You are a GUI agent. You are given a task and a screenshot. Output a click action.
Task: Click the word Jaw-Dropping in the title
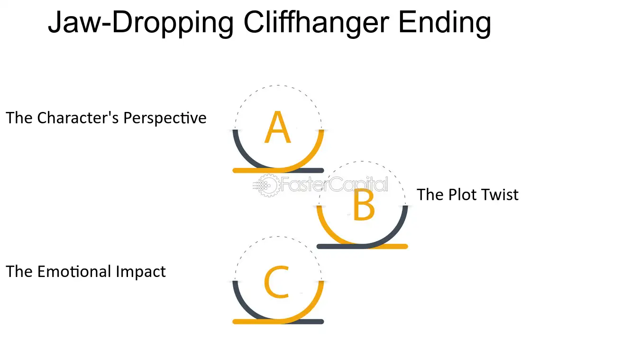pos(141,23)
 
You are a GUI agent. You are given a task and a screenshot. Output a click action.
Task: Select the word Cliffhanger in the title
pos(316,23)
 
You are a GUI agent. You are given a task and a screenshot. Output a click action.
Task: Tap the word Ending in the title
pos(445,23)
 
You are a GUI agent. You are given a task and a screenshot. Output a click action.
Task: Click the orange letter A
pos(278,127)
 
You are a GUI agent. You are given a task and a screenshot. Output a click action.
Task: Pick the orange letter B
pos(364,204)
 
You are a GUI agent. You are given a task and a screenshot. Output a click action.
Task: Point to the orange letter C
pos(276,282)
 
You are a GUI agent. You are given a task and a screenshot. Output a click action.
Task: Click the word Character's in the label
pos(78,118)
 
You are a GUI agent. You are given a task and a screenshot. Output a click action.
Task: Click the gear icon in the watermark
pos(268,185)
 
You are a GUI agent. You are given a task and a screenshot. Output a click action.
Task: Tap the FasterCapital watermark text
pos(334,185)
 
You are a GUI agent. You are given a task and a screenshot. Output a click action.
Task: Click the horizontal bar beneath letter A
pos(278,170)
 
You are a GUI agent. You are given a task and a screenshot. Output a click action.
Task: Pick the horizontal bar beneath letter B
pos(362,247)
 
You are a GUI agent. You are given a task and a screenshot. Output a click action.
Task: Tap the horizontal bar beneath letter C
pos(278,322)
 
